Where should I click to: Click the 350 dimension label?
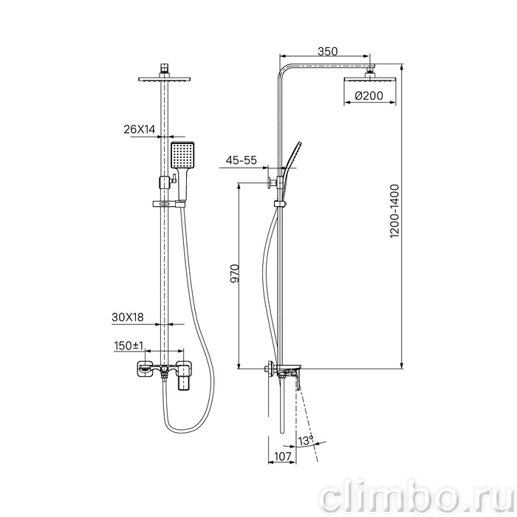pos(327,52)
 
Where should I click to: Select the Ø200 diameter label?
pos(369,95)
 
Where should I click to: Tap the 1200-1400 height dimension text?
pos(394,211)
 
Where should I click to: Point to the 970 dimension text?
pos(235,273)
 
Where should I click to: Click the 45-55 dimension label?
pos(241,160)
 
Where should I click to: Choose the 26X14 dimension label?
pos(139,129)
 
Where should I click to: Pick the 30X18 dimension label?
pos(128,317)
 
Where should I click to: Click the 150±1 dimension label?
pos(129,346)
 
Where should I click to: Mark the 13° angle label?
pos(305,440)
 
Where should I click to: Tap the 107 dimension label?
pos(283,456)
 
